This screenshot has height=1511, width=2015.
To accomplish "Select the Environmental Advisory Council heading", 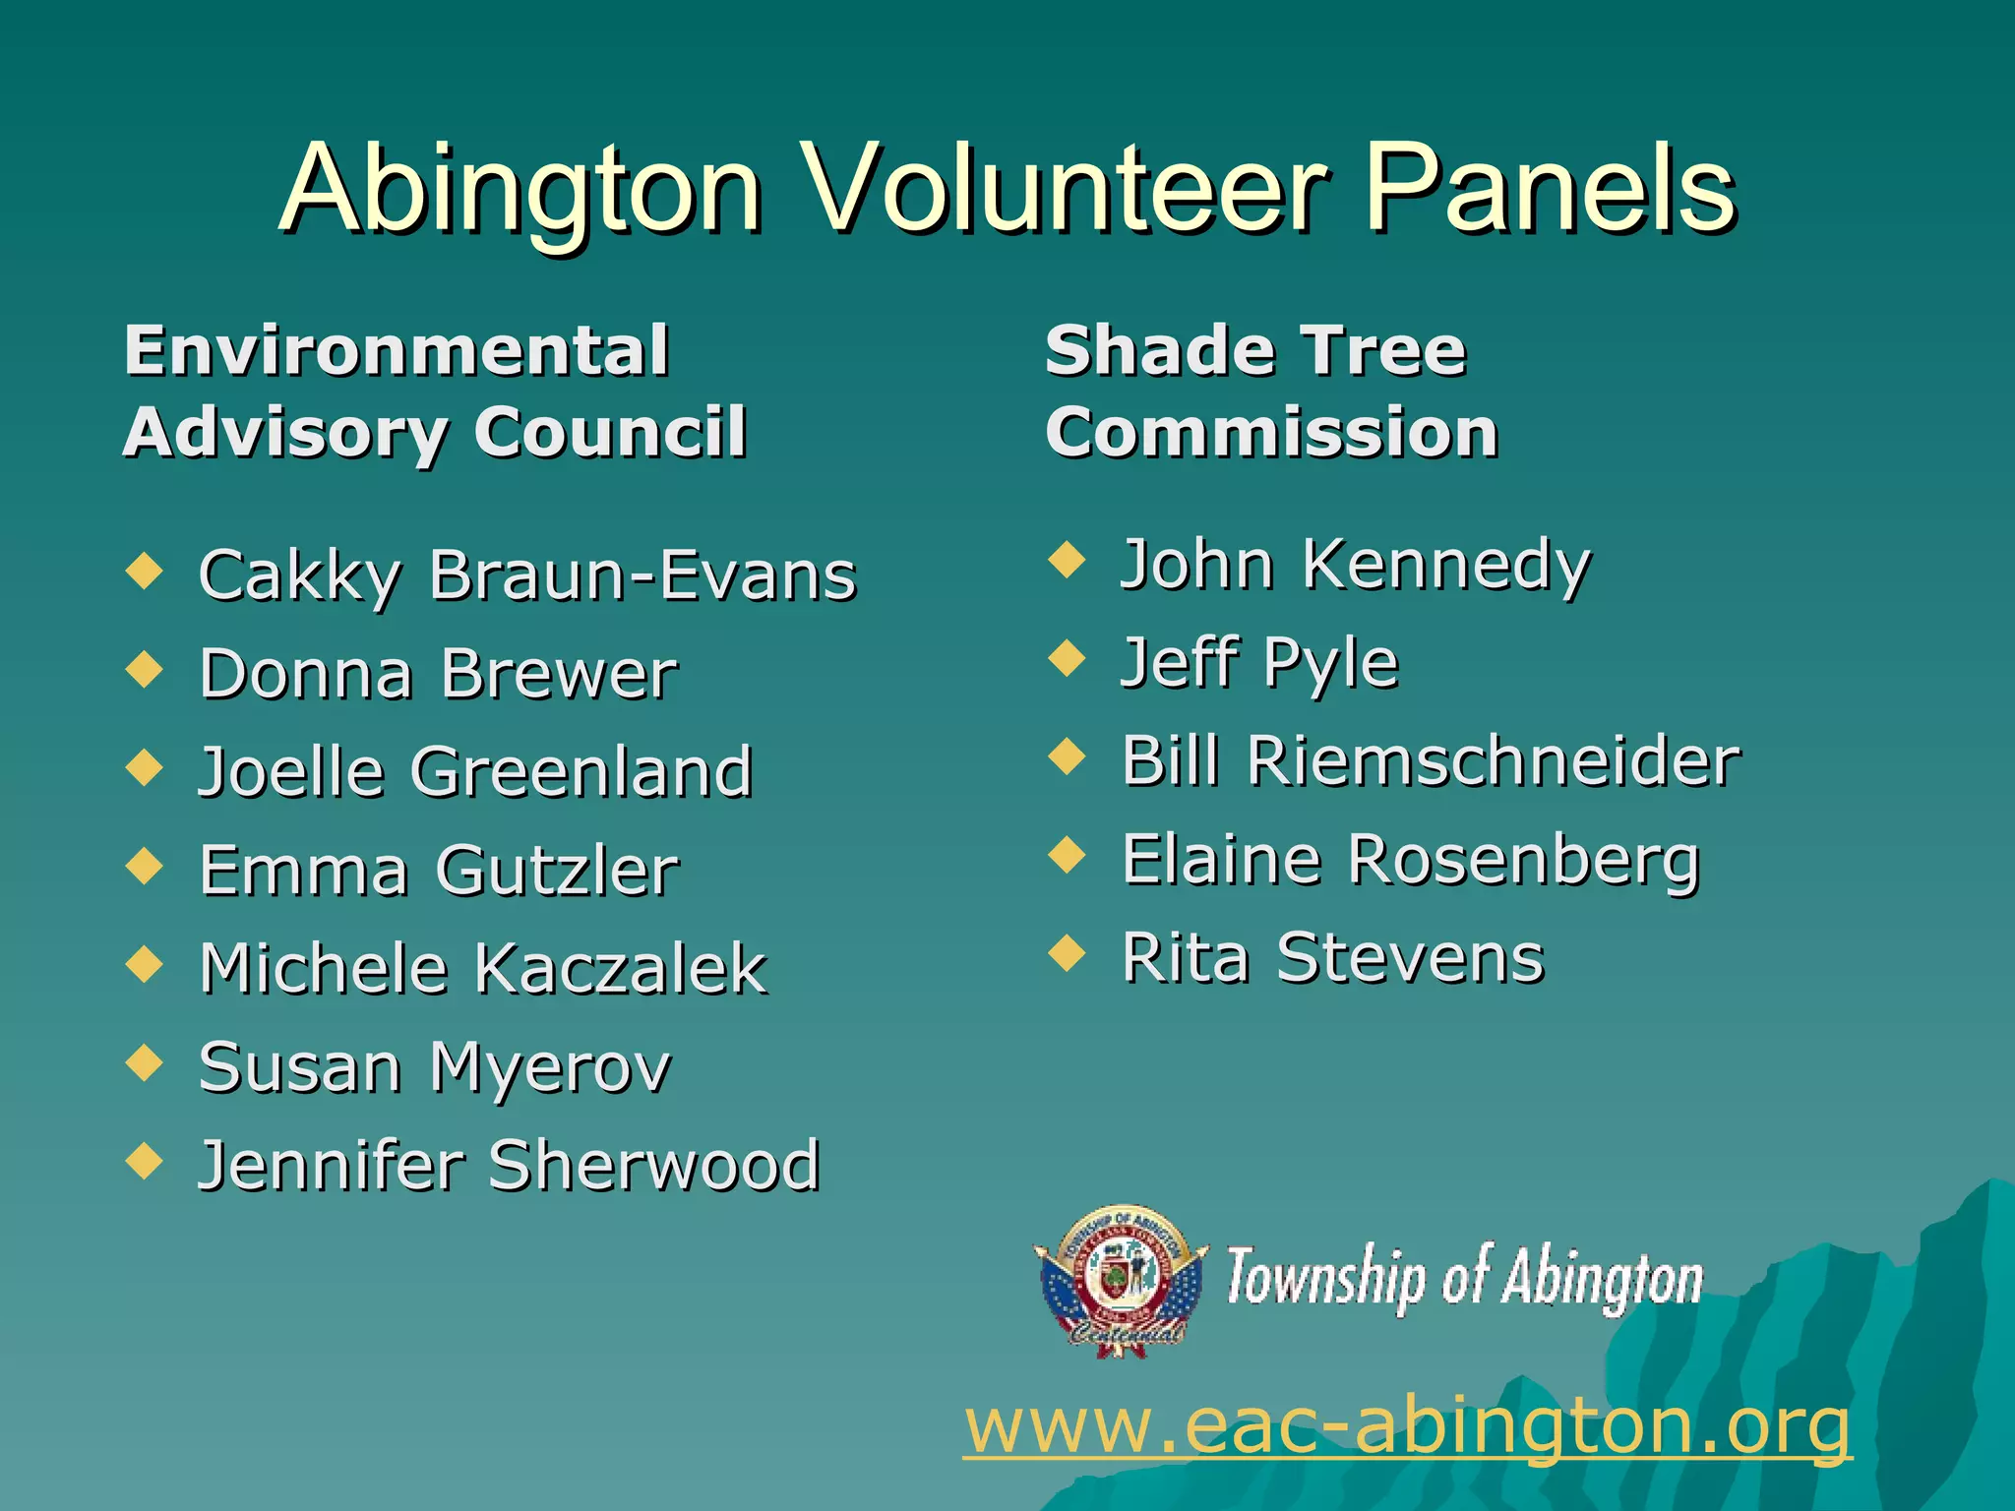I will click(x=434, y=391).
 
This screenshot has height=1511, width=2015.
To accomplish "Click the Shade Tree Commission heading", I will click(x=1270, y=391).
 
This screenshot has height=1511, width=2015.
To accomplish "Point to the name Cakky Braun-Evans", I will click(x=527, y=574).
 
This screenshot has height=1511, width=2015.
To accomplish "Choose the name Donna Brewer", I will click(x=438, y=674).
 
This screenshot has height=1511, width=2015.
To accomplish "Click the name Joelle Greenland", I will click(x=475, y=771).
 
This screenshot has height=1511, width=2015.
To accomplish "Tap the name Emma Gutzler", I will click(x=438, y=871).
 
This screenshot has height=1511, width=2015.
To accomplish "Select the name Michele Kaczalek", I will click(x=482, y=969).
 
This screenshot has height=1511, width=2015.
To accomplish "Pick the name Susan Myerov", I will click(x=434, y=1067).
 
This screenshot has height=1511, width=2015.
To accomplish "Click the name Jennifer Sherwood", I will click(x=509, y=1166).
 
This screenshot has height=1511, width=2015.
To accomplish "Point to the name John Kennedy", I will click(x=1356, y=565).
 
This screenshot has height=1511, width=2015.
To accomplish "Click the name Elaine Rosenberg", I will click(x=1410, y=860).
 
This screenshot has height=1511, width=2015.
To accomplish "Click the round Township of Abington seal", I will click(x=1122, y=1279).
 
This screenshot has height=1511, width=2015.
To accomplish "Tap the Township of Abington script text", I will click(x=1464, y=1279).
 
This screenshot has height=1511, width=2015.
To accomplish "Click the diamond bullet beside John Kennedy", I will click(x=1067, y=560).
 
